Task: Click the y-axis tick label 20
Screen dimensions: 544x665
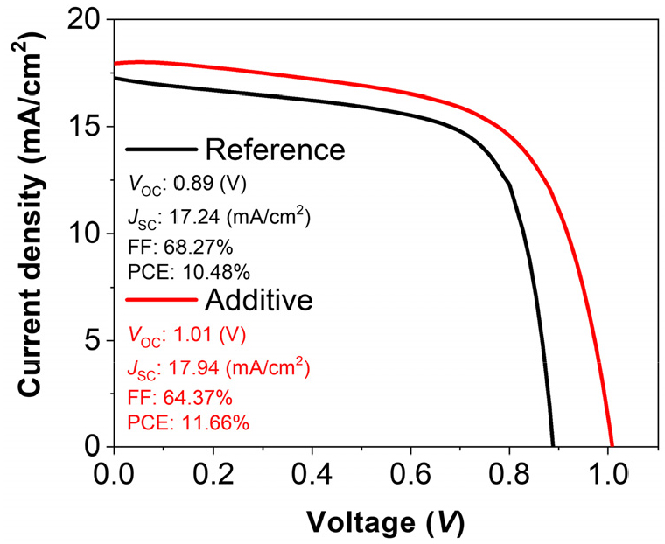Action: point(87,19)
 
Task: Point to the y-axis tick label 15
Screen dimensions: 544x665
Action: point(87,127)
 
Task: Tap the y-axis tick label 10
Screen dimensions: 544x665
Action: point(87,234)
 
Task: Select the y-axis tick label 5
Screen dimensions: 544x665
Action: point(94,340)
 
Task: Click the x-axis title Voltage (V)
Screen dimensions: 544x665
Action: point(386,522)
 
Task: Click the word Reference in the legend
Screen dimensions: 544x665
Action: point(275,150)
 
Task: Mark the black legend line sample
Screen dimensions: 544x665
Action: point(160,150)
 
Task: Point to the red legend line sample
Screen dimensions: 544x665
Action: point(160,300)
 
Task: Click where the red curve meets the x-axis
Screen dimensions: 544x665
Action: point(612,446)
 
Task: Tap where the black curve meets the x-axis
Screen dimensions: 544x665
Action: point(553,446)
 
